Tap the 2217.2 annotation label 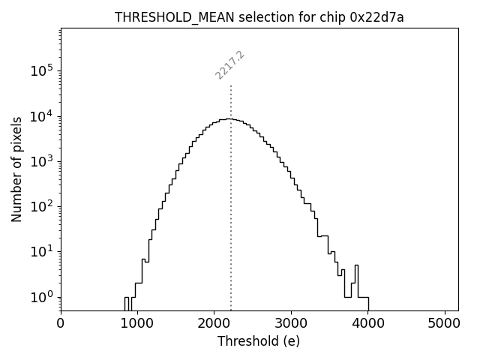tap(229, 65)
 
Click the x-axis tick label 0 tap(61, 325)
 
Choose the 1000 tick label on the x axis tap(137, 325)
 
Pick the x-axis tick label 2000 tap(214, 325)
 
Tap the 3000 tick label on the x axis tap(290, 325)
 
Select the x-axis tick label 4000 tap(367, 325)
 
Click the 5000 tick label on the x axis tap(443, 325)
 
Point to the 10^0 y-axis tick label tap(42, 297)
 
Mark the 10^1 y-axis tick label tap(42, 252)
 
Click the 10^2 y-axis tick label tap(42, 206)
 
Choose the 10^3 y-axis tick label tap(42, 161)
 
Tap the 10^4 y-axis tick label tap(42, 116)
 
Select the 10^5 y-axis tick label tap(42, 70)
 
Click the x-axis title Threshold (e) tap(259, 341)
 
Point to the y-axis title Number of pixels tap(16, 169)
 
